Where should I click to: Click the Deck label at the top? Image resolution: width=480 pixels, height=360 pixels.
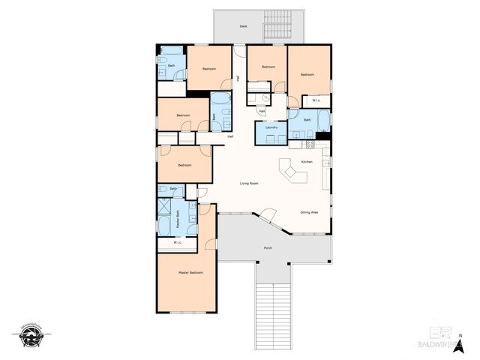243,26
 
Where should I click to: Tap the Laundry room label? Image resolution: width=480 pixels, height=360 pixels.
271,127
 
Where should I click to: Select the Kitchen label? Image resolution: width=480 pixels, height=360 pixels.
307,161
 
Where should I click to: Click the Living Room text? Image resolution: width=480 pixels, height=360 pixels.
249,183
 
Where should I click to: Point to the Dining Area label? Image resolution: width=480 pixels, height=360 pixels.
310,212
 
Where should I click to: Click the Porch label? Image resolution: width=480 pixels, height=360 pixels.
268,247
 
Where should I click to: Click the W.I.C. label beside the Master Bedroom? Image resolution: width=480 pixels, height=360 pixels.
177,242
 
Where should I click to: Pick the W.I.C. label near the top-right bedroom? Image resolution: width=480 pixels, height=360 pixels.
316,100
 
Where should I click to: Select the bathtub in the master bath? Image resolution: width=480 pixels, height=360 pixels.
163,226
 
